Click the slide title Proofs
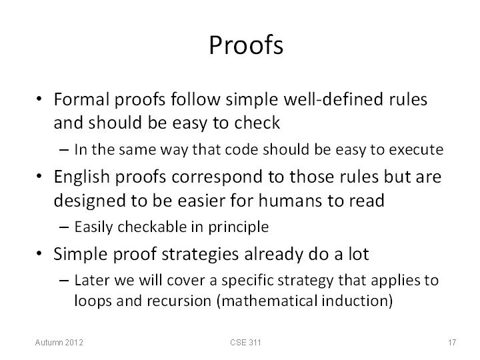246,45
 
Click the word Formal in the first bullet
81,99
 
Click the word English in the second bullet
82,177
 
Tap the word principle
239,227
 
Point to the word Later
92,281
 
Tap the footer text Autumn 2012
59,342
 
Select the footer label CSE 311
245,342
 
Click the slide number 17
452,342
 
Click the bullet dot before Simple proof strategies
39,253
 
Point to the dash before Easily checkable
64,227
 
